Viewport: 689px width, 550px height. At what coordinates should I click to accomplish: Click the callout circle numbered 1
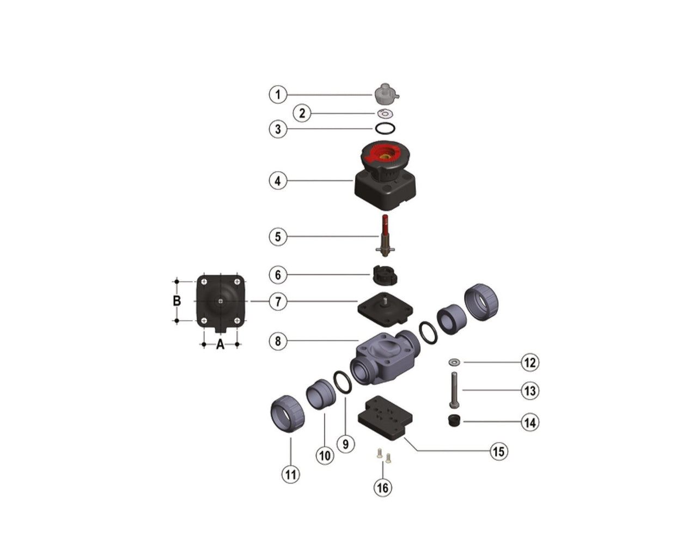[x=278, y=95]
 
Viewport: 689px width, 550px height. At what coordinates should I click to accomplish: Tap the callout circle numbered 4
[x=278, y=180]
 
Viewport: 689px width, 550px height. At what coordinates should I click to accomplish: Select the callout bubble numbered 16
[x=383, y=487]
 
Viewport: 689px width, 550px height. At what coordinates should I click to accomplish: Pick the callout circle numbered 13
[x=529, y=391]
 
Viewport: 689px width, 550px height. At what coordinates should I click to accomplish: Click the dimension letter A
[x=220, y=344]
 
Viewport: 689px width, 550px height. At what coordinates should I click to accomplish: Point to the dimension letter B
[x=176, y=301]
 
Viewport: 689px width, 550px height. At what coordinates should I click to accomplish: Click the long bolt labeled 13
[x=454, y=389]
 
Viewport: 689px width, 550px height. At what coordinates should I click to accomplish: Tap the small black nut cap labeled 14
[x=453, y=421]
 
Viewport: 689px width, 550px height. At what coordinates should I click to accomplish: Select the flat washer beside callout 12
[x=454, y=362]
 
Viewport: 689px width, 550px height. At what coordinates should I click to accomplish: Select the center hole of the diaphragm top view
[x=219, y=300]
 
